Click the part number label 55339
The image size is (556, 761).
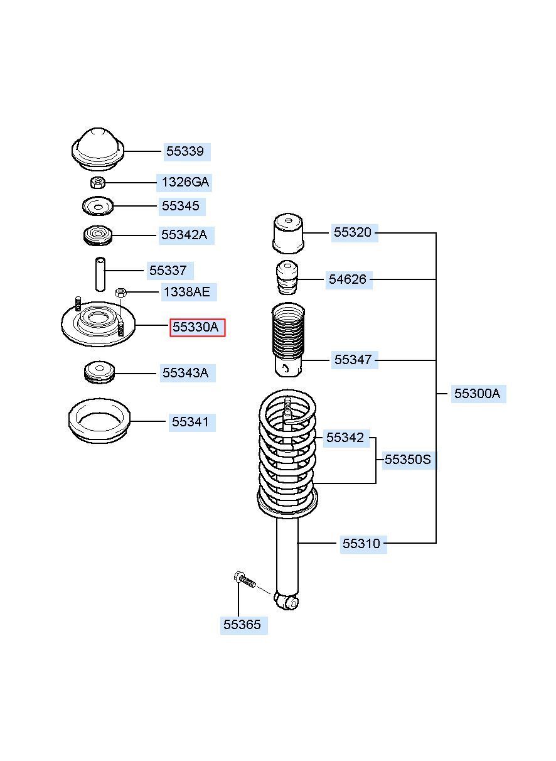184,151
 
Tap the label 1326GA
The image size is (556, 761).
185,183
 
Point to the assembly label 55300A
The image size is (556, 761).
477,394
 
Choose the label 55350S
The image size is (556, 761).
407,460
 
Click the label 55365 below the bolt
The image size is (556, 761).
242,624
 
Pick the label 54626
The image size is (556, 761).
348,279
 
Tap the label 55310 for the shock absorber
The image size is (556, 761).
361,543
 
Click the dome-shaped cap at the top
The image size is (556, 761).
98,149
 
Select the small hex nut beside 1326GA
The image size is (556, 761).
98,183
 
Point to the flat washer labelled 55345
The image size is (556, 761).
98,206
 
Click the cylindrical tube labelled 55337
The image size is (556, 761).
100,274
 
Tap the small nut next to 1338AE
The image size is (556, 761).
121,292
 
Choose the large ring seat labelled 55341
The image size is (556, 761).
99,421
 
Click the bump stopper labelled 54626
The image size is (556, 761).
287,278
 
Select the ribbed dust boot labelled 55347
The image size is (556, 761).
288,340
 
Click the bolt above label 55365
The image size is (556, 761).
245,580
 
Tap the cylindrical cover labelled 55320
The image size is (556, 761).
288,234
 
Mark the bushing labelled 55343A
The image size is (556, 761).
99,372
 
